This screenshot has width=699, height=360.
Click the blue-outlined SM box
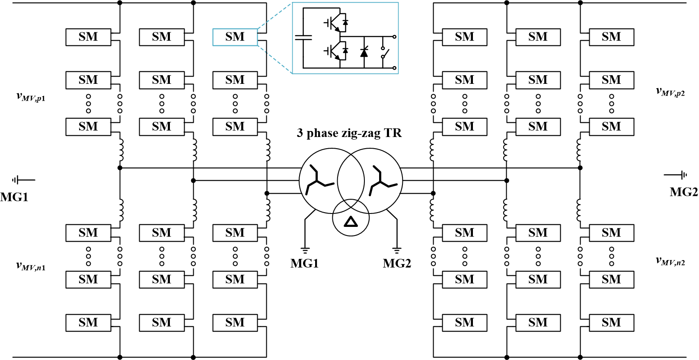pyautogui.click(x=235, y=37)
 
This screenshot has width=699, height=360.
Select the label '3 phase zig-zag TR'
pyautogui.click(x=349, y=133)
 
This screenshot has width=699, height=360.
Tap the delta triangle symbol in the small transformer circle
pyautogui.click(x=351, y=222)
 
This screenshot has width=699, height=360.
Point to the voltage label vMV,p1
pyautogui.click(x=31, y=97)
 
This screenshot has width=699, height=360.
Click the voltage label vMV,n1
pyautogui.click(x=31, y=266)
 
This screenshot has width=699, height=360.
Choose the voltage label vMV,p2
pyautogui.click(x=670, y=92)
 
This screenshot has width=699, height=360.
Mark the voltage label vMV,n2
pyautogui.click(x=670, y=261)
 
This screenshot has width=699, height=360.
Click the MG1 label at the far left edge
pyautogui.click(x=14, y=198)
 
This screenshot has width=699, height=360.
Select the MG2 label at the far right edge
pyautogui.click(x=683, y=192)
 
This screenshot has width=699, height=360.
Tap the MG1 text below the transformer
pyautogui.click(x=304, y=263)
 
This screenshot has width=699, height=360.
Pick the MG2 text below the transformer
pyautogui.click(x=397, y=263)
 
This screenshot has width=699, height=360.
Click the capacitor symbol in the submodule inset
pyautogui.click(x=303, y=38)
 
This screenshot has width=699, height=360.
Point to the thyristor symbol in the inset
pyautogui.click(x=364, y=52)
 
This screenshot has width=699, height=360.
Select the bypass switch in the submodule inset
pyautogui.click(x=384, y=53)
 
